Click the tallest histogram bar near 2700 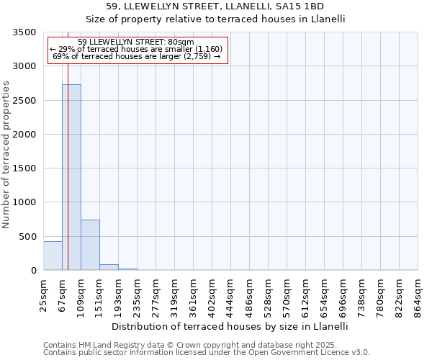pyautogui.click(x=71, y=177)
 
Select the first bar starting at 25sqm pyautogui.click(x=53, y=256)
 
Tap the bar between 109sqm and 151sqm pyautogui.click(x=90, y=245)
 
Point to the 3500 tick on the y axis pyautogui.click(x=24, y=32)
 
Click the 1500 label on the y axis pyautogui.click(x=24, y=168)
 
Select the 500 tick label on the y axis pyautogui.click(x=27, y=236)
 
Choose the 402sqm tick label pyautogui.click(x=212, y=294)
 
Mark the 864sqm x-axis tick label pyautogui.click(x=418, y=294)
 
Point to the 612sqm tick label pyautogui.click(x=306, y=294)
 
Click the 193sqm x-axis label pyautogui.click(x=119, y=294)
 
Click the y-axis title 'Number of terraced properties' pyautogui.click(x=6, y=154)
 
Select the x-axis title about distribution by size pyautogui.click(x=230, y=326)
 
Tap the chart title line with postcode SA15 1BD pyautogui.click(x=216, y=7)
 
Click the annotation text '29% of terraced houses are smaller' pyautogui.click(x=137, y=49)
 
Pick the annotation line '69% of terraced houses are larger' pyautogui.click(x=137, y=56)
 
